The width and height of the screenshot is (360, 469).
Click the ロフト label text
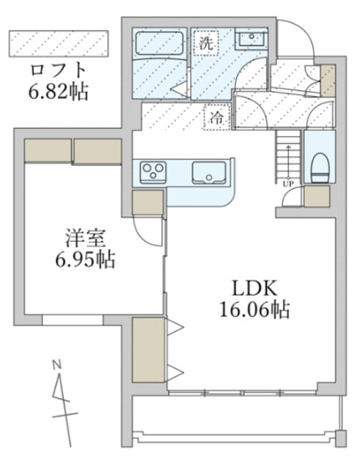tap(59, 72)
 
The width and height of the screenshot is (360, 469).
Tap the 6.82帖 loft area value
tap(59, 94)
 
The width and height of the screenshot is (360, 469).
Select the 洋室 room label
tap(87, 237)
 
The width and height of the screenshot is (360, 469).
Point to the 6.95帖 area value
tap(87, 259)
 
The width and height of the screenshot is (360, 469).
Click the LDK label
tap(250, 287)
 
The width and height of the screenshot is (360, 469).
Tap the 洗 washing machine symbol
tap(206, 43)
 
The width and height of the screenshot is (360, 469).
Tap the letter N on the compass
tap(56, 363)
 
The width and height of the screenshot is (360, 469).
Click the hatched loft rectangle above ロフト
tap(58, 43)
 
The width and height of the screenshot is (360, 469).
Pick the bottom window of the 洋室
tap(73, 320)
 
